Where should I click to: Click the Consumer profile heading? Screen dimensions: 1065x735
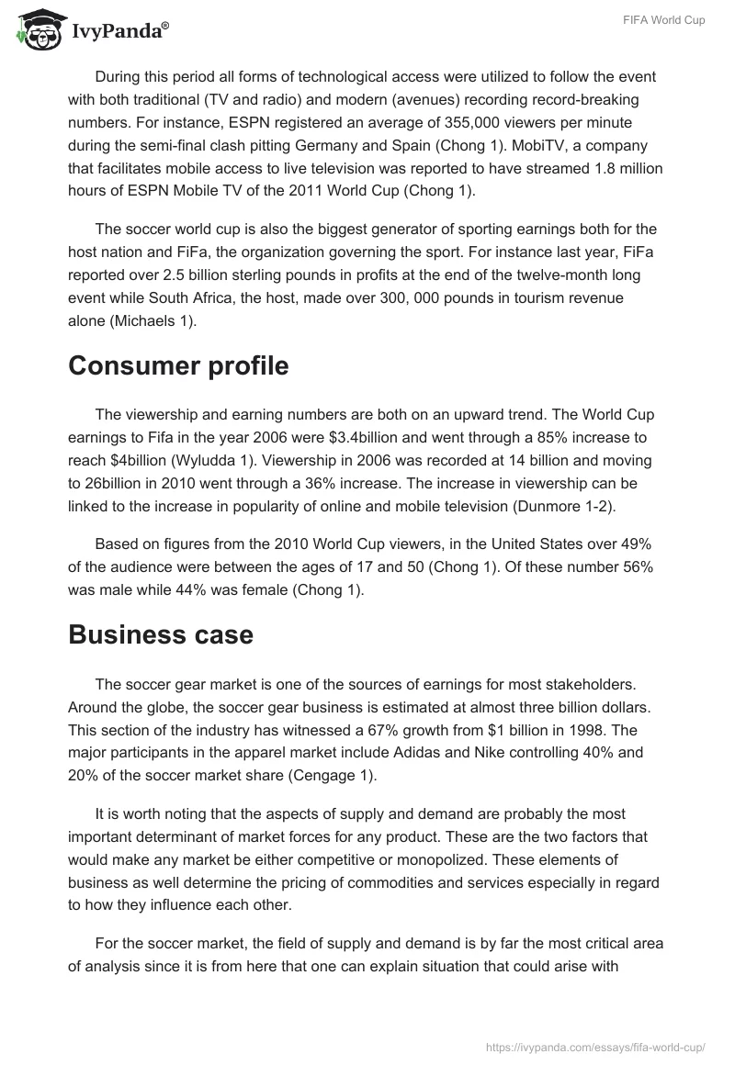point(178,365)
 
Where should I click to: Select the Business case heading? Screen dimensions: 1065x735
point(161,634)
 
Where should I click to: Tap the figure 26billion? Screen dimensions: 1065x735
point(99,481)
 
